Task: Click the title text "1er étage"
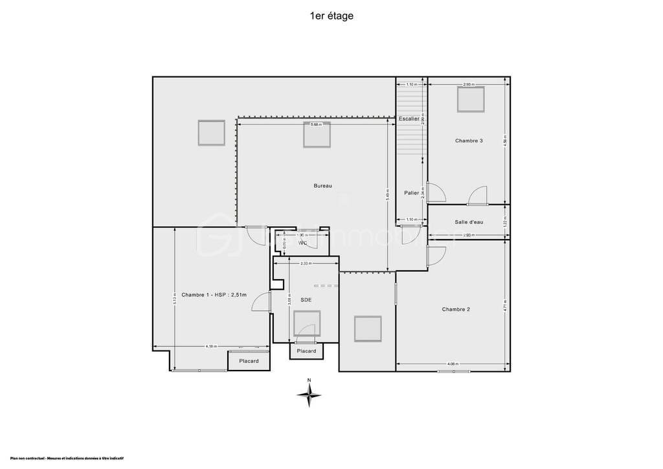331,16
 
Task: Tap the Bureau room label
322,186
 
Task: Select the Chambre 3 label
469,141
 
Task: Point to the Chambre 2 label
456,310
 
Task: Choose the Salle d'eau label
469,222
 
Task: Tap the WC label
302,244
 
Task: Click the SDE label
306,300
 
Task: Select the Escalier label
409,119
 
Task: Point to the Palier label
411,193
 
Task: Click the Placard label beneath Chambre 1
249,361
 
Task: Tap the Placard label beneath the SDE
306,351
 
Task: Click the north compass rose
309,393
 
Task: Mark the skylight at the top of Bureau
318,134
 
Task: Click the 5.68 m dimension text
315,124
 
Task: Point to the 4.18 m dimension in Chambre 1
211,347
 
